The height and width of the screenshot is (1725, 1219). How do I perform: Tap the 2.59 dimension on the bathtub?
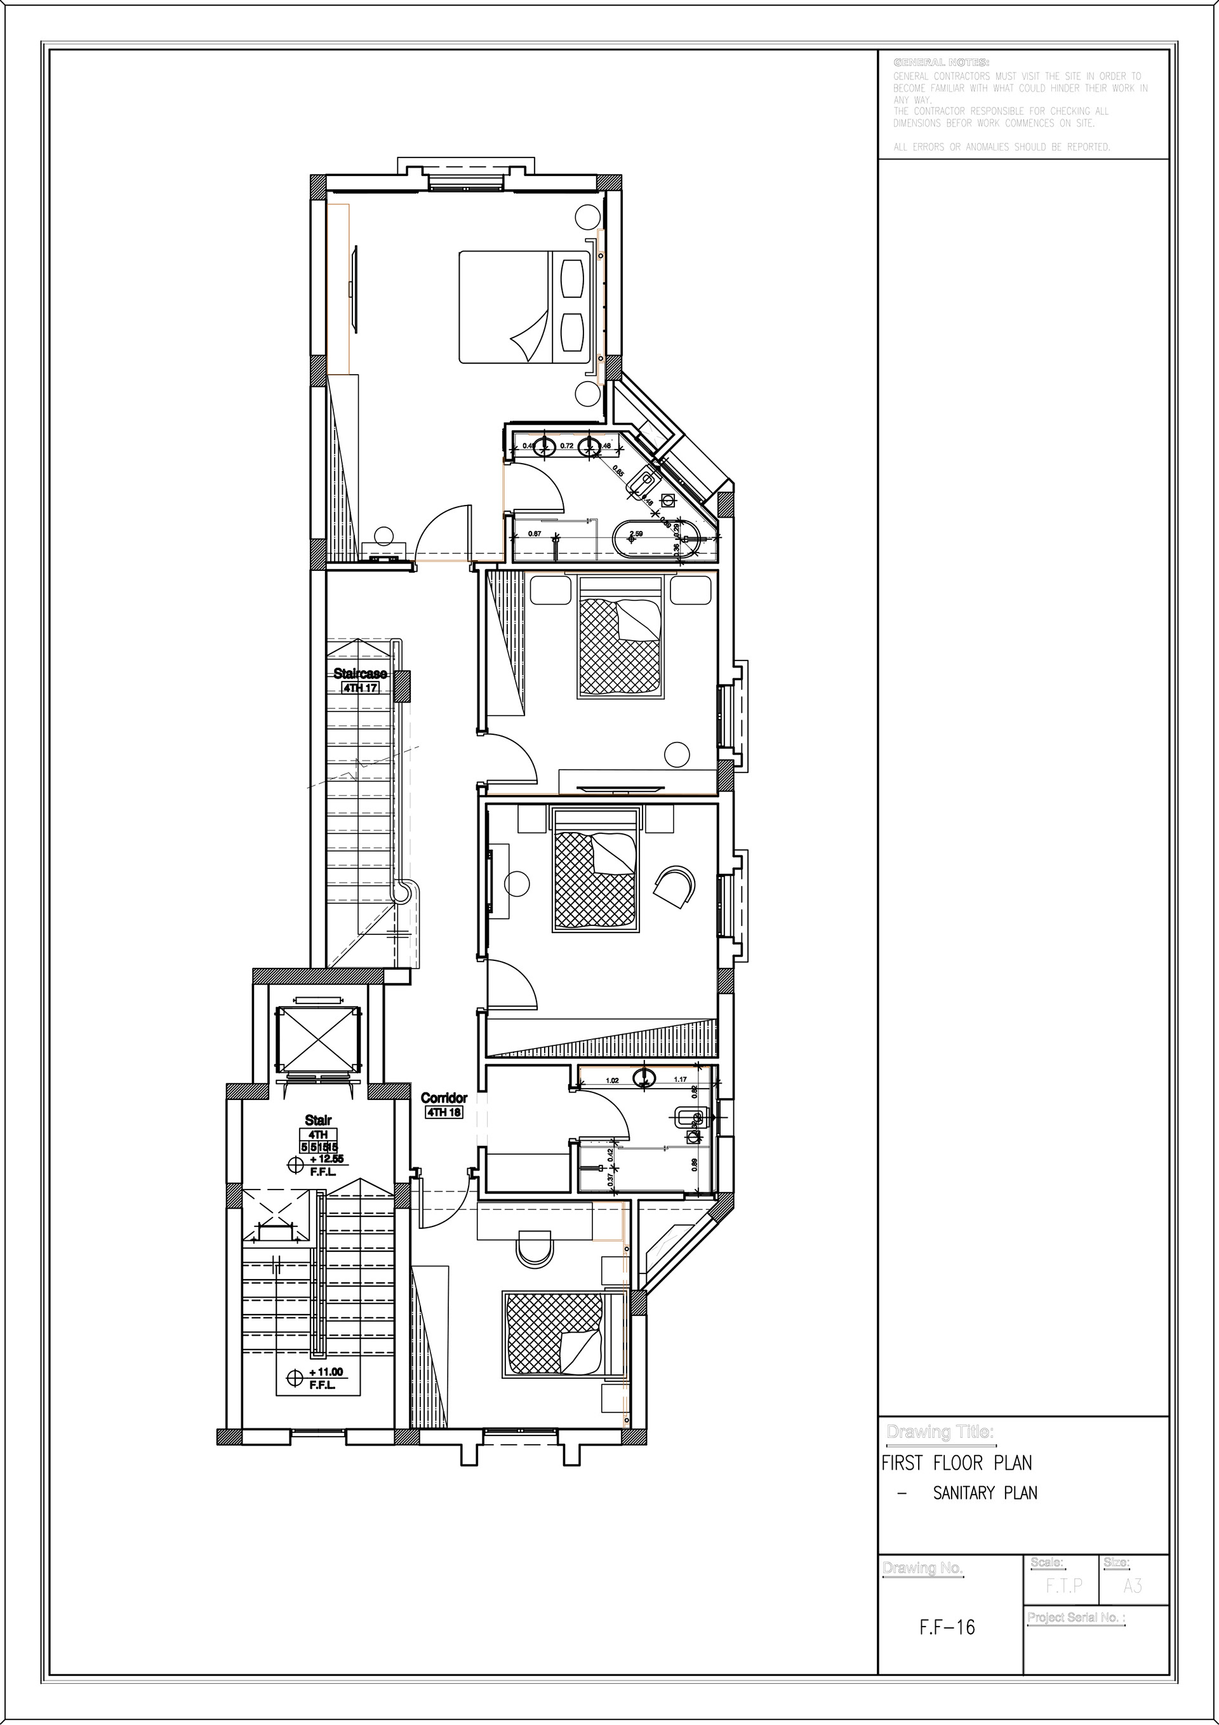point(636,534)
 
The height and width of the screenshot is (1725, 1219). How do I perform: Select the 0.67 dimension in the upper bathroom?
point(535,534)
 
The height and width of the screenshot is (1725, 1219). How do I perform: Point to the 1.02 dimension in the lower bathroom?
point(612,1080)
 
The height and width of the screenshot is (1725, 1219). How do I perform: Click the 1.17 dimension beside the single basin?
point(681,1080)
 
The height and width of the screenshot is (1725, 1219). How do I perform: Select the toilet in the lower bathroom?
point(684,1118)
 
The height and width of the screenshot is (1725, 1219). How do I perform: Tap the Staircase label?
point(360,673)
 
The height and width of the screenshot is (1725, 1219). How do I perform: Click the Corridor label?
point(444,1097)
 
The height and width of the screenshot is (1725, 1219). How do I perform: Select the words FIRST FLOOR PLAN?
point(956,1463)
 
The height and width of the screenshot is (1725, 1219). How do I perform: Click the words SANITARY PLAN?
point(985,1493)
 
